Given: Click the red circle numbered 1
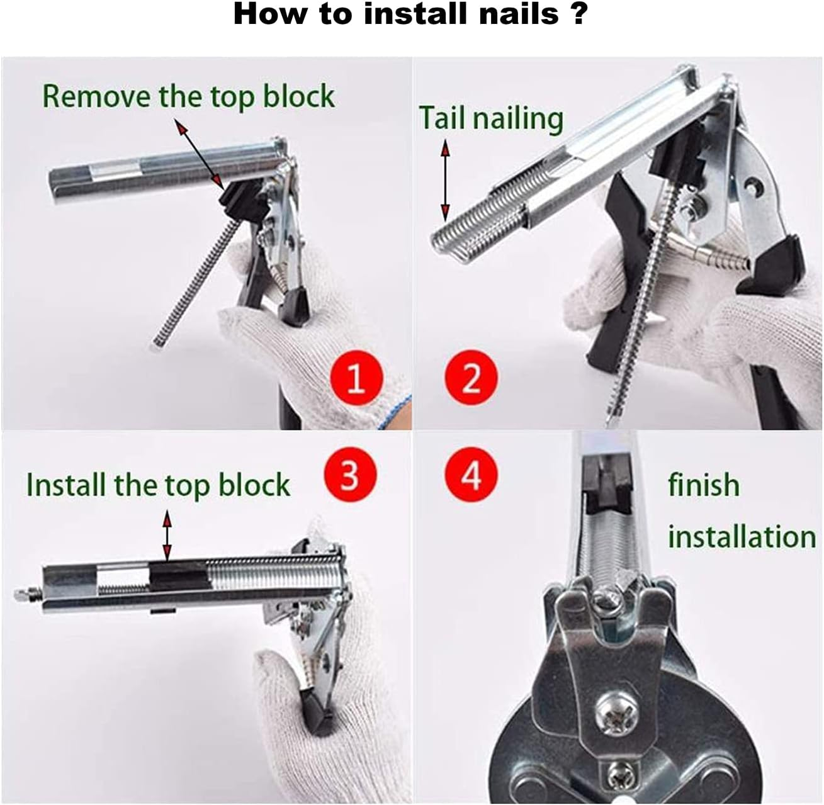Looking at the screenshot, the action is pyautogui.click(x=356, y=378).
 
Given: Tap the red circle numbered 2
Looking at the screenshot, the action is pyautogui.click(x=471, y=378).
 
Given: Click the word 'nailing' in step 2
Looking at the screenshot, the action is pyautogui.click(x=518, y=120).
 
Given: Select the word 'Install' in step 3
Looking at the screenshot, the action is pyautogui.click(x=67, y=485).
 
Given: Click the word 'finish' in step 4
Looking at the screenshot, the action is pyautogui.click(x=704, y=485).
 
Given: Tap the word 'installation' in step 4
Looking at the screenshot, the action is pyautogui.click(x=742, y=536).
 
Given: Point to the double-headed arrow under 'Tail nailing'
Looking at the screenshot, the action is pyautogui.click(x=445, y=181).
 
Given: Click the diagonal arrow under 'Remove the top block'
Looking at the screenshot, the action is pyautogui.click(x=199, y=154).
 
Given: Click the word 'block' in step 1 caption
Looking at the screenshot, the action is pyautogui.click(x=298, y=96).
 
